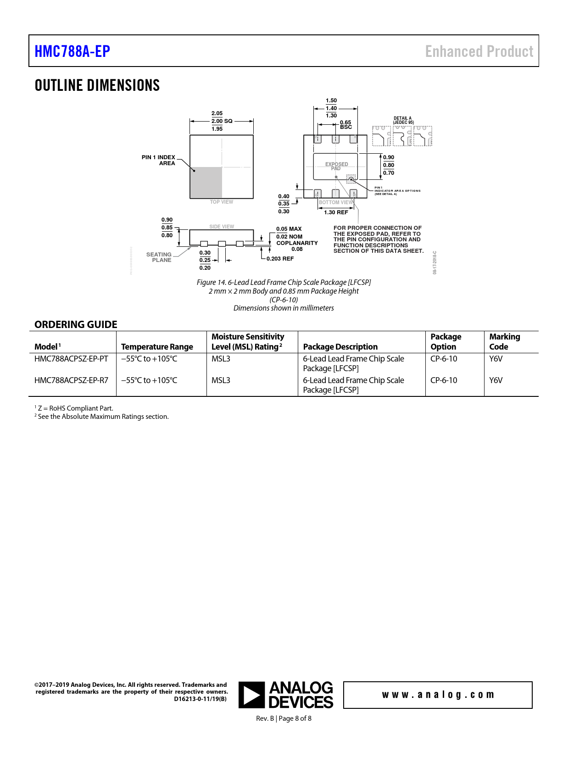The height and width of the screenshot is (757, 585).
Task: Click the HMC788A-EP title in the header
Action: click(72, 51)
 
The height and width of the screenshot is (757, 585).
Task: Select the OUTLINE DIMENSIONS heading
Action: click(97, 85)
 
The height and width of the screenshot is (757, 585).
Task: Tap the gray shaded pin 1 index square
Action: click(206, 183)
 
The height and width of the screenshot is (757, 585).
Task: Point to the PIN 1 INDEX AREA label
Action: click(159, 160)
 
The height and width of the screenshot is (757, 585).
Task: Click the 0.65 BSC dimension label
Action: click(345, 125)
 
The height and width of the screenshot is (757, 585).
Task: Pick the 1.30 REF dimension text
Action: click(336, 212)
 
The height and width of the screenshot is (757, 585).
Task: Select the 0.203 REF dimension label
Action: click(280, 259)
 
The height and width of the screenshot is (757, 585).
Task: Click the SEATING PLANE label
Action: click(159, 257)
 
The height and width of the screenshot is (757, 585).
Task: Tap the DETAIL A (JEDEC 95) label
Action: click(403, 120)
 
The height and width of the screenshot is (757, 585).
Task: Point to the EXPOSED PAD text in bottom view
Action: click(336, 166)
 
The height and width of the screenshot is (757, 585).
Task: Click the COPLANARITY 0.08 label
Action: click(297, 246)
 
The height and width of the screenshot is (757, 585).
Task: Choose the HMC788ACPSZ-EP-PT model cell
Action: click(71, 359)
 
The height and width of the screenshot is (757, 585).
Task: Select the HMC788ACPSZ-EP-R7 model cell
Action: click(71, 380)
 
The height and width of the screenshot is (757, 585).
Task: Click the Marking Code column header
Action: click(504, 342)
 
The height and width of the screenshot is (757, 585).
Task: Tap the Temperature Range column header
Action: click(157, 347)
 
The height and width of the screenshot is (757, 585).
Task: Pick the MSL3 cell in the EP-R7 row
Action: click(221, 380)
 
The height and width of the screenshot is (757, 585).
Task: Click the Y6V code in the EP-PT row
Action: click(496, 359)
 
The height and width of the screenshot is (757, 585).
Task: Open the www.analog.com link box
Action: click(438, 695)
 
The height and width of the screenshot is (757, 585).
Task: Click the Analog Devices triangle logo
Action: click(251, 695)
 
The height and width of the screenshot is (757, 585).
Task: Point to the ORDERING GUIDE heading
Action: click(76, 324)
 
